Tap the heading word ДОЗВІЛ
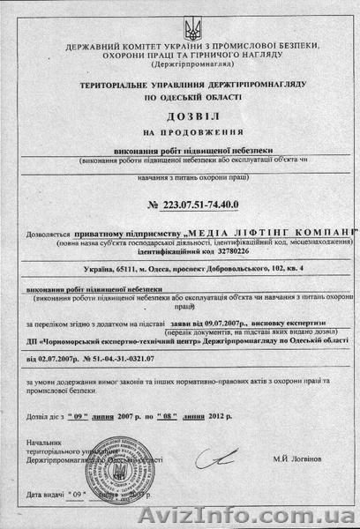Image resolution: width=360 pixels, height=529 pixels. pos(179,115)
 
